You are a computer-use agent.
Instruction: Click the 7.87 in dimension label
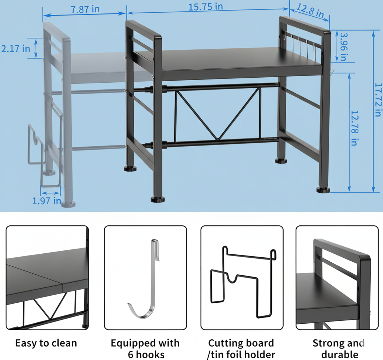[x=85, y=9]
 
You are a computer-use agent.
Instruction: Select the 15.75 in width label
[x=205, y=7]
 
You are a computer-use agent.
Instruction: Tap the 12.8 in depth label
[x=310, y=11]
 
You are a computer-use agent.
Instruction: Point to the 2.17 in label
[x=16, y=49]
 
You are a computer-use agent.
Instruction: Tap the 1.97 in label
[x=47, y=201]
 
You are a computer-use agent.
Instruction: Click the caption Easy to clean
[x=46, y=343]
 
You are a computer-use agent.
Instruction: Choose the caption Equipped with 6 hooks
[x=145, y=348]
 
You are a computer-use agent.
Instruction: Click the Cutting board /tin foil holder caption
[x=241, y=348]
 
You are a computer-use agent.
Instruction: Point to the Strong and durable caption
[x=339, y=348]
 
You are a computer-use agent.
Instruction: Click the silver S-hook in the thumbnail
[x=145, y=279]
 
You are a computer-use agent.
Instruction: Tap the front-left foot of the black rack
[x=157, y=199]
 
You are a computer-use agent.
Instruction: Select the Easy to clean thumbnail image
[x=47, y=278]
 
